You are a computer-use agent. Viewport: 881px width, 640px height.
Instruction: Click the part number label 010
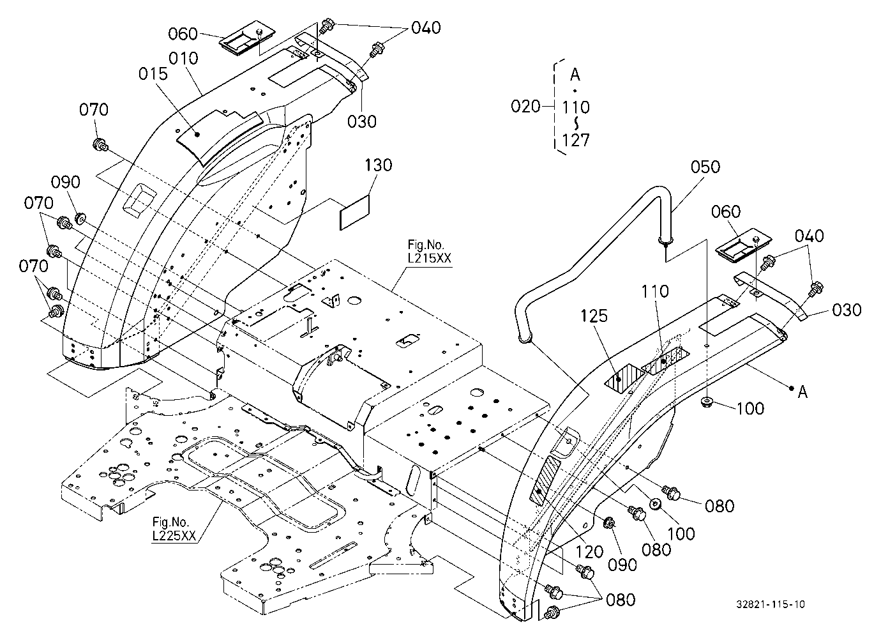tap(183, 59)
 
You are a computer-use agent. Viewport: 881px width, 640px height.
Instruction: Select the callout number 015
tap(153, 74)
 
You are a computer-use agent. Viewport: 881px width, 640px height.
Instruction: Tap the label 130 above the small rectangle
tap(379, 165)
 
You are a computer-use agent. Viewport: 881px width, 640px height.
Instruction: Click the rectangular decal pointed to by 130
tap(355, 213)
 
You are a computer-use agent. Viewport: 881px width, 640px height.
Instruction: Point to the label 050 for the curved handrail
tap(705, 167)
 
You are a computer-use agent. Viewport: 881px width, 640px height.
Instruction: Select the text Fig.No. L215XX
tap(429, 252)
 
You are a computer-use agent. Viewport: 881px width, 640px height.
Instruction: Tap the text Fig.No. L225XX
tap(174, 530)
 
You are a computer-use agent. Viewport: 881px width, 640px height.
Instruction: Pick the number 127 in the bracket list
tap(576, 140)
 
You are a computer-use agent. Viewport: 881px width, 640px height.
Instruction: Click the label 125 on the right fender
tap(594, 316)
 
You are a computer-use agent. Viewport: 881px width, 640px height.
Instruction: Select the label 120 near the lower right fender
tap(589, 552)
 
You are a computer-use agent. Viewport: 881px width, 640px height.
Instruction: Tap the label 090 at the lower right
tap(622, 565)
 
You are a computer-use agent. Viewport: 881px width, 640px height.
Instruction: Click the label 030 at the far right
tap(847, 310)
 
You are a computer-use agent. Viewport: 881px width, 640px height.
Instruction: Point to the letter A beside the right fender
tap(802, 392)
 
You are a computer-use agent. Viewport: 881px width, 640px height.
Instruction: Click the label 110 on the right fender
tap(655, 292)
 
